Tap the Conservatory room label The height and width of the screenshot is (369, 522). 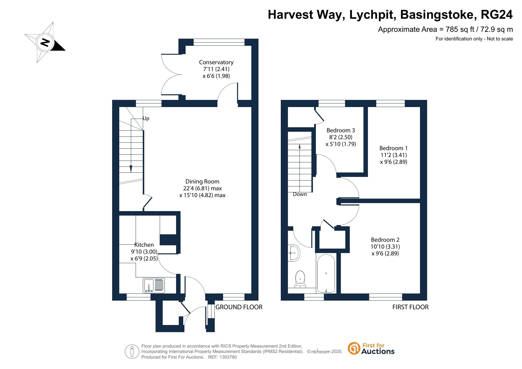(x=216, y=62)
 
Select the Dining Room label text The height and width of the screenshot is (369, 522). (x=202, y=181)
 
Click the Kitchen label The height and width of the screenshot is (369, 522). (x=144, y=245)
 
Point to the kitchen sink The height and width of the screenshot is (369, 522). (x=154, y=285)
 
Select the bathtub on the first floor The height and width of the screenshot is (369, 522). (x=326, y=274)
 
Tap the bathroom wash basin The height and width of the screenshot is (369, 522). (x=294, y=253)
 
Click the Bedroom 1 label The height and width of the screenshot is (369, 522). (x=394, y=148)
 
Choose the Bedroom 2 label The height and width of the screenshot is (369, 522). (x=385, y=240)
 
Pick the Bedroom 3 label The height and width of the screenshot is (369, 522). (x=341, y=130)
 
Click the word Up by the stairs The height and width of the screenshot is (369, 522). (x=146, y=118)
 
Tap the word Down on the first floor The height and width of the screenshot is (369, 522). (x=300, y=194)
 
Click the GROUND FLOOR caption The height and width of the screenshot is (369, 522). (x=239, y=307)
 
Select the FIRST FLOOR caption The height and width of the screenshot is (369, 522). (x=410, y=307)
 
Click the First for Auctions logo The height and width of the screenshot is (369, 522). (x=371, y=348)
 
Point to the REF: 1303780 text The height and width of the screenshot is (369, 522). (x=222, y=357)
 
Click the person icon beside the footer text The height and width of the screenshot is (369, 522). (x=132, y=352)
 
